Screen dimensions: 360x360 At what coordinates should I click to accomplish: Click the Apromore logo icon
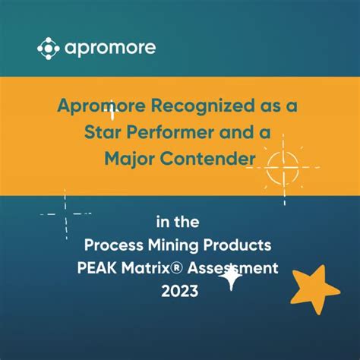(49, 49)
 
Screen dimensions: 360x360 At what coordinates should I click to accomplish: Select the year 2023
(180, 290)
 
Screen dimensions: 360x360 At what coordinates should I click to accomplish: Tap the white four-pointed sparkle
(229, 279)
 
